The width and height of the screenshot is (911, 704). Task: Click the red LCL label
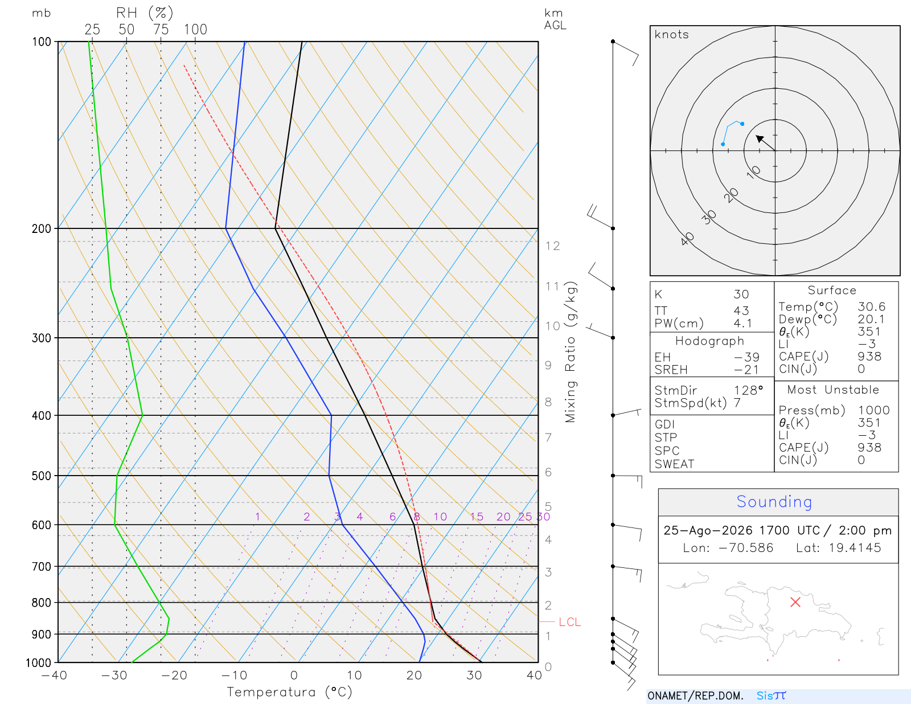pos(569,622)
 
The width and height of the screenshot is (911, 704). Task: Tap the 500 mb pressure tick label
pos(41,476)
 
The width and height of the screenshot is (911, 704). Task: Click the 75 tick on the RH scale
pos(161,30)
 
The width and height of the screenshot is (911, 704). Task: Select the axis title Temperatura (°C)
pos(289,692)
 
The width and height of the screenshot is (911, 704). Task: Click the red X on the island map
pos(795,602)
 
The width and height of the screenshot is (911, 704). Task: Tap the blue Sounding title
pos(774,501)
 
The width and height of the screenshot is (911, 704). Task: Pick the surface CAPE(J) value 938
pos(869,357)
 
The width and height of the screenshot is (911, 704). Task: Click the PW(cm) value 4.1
pos(742,324)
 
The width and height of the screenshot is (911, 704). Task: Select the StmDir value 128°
pos(748,390)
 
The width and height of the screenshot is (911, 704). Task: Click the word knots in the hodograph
pos(671,34)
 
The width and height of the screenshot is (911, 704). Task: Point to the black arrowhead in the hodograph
pos(760,138)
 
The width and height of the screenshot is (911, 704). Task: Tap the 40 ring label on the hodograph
pos(687,239)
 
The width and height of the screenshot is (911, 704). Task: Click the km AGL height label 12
pos(552,245)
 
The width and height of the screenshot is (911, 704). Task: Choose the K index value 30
pos(741,294)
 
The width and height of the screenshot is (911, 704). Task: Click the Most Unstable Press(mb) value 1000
pos(873,410)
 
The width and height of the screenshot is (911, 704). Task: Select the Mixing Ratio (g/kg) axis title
pos(571,352)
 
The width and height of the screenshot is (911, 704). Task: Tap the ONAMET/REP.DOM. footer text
pos(695,695)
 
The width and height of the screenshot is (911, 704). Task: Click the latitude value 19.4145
pos(855,547)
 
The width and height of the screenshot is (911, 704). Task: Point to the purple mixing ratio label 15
pos(477,517)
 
